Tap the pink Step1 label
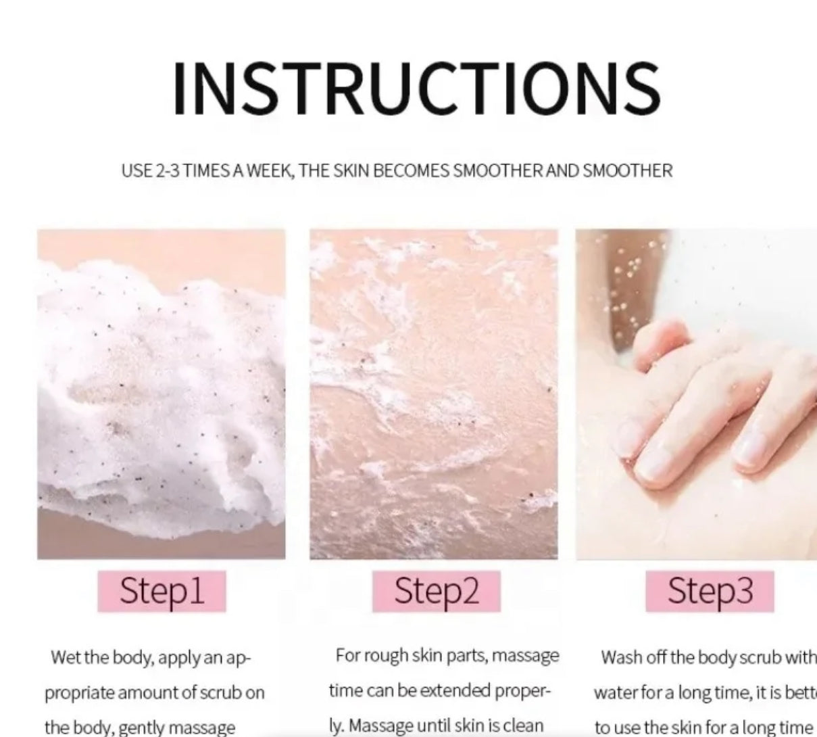point(162,591)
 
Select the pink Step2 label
point(436,591)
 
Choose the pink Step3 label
point(710,591)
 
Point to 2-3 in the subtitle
point(168,170)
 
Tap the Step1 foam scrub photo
point(162,394)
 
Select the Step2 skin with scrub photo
point(434,394)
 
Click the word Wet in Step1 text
point(66,657)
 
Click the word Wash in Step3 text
point(618,657)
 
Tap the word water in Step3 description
point(612,692)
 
